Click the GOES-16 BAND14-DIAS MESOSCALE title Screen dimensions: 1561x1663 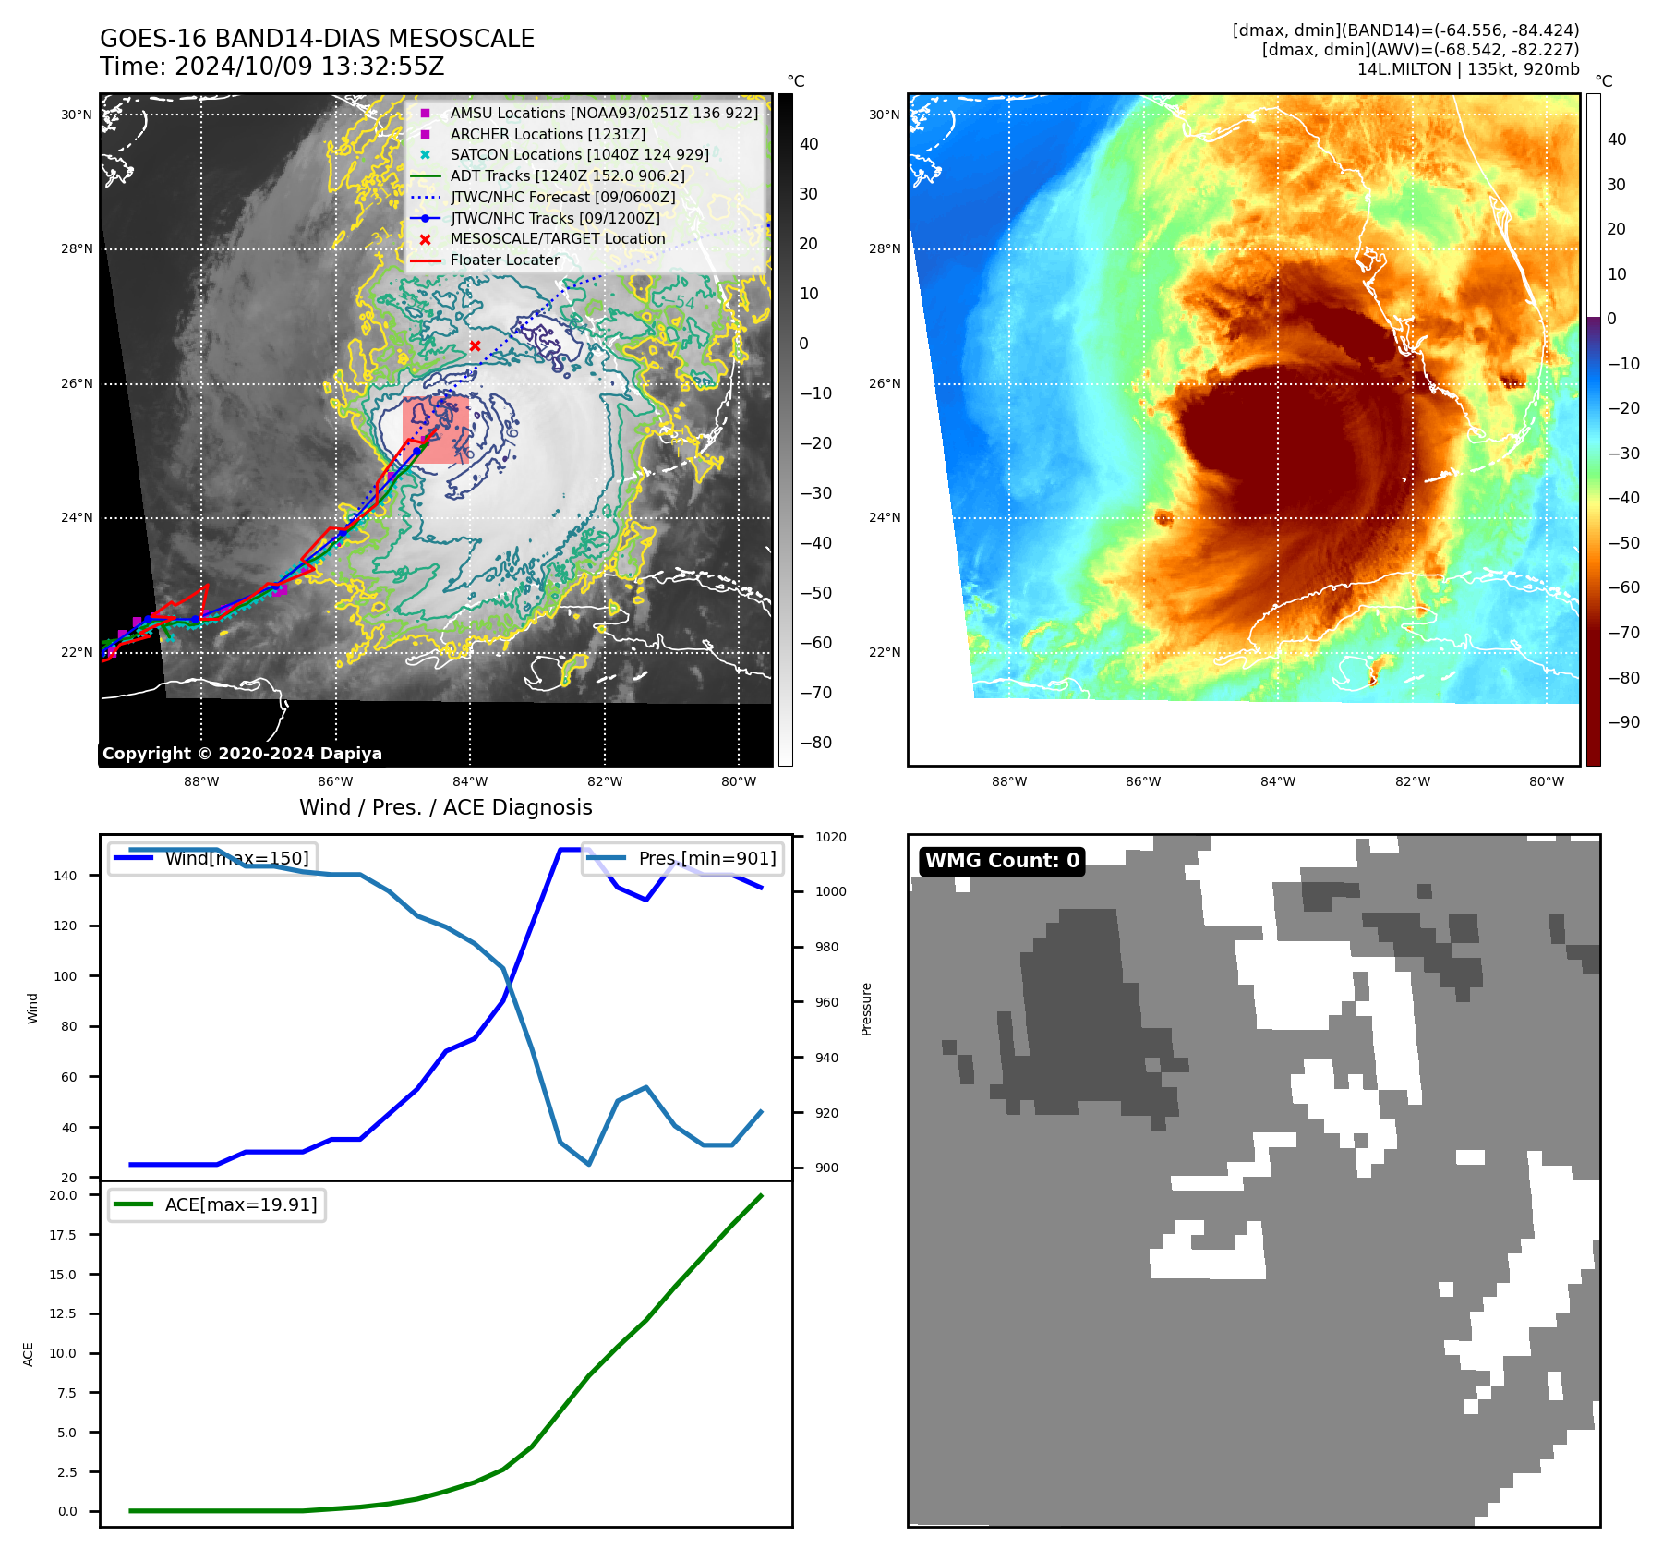coord(317,39)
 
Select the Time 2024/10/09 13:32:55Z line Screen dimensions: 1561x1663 coord(271,67)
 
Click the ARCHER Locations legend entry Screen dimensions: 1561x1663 coord(547,134)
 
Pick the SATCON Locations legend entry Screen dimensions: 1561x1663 coord(579,154)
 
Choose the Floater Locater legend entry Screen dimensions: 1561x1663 coord(504,260)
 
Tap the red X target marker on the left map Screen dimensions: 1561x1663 coord(475,345)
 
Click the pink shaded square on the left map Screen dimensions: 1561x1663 coord(435,430)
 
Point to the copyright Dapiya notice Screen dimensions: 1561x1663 coord(242,754)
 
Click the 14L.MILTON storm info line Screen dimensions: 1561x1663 coord(1467,69)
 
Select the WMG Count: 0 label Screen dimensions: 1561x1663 coord(1002,861)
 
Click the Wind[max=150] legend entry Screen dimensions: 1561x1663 coord(236,858)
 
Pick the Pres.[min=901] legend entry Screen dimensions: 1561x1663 coord(706,858)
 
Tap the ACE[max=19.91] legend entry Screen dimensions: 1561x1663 coord(240,1204)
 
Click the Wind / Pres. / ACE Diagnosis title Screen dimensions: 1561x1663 coord(445,807)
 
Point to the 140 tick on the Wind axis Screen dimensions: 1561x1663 coord(66,876)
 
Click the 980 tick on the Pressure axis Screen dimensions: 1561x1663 coord(826,947)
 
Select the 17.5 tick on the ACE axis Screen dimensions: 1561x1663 coord(64,1235)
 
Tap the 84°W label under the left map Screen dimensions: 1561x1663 coord(470,781)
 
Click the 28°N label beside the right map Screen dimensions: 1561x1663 coord(884,248)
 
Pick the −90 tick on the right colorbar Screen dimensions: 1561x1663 coord(1623,722)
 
